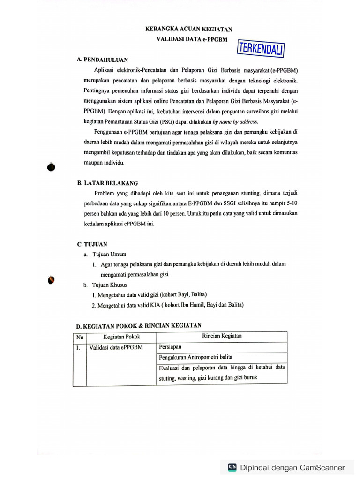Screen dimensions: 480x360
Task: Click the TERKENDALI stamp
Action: click(262, 48)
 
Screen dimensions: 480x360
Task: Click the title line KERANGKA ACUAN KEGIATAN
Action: click(188, 29)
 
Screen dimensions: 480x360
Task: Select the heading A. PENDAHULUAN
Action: click(102, 60)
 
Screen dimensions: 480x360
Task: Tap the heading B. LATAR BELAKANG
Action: click(107, 183)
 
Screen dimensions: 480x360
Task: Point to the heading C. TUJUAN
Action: click(92, 244)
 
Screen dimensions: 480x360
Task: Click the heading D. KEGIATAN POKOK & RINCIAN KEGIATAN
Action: click(139, 325)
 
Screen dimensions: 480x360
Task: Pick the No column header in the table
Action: click(80, 337)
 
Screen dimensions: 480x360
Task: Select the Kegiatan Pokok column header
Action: click(121, 337)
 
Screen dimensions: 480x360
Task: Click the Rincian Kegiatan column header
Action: click(222, 336)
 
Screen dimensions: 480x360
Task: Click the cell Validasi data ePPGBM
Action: click(116, 348)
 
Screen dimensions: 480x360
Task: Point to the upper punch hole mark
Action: click(52, 166)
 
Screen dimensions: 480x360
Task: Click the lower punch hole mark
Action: click(51, 280)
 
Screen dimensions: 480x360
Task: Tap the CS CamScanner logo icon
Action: click(232, 467)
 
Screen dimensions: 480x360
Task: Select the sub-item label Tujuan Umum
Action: click(109, 254)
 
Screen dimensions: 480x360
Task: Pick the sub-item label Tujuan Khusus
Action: click(110, 285)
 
